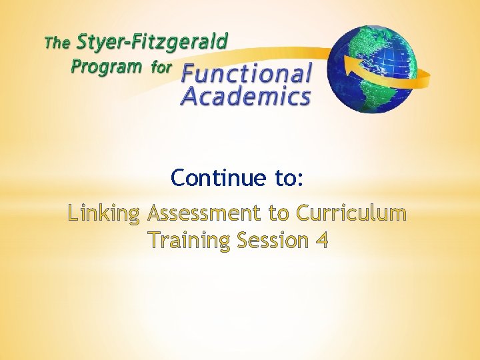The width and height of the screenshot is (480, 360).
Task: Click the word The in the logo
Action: click(x=57, y=45)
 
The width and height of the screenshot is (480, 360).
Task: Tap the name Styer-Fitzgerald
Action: click(x=152, y=43)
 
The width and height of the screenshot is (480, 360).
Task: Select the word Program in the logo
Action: click(x=107, y=67)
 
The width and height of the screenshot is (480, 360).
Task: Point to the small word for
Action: click(x=161, y=67)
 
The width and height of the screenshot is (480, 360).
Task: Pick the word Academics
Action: click(x=246, y=97)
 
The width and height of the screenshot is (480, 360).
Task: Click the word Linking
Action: click(x=103, y=215)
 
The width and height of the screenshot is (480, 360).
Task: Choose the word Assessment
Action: click(x=204, y=214)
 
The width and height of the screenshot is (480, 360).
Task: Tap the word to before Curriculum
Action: click(x=279, y=215)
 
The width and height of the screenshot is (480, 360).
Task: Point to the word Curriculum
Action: click(x=351, y=214)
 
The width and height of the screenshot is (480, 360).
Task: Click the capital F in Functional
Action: click(x=189, y=74)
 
